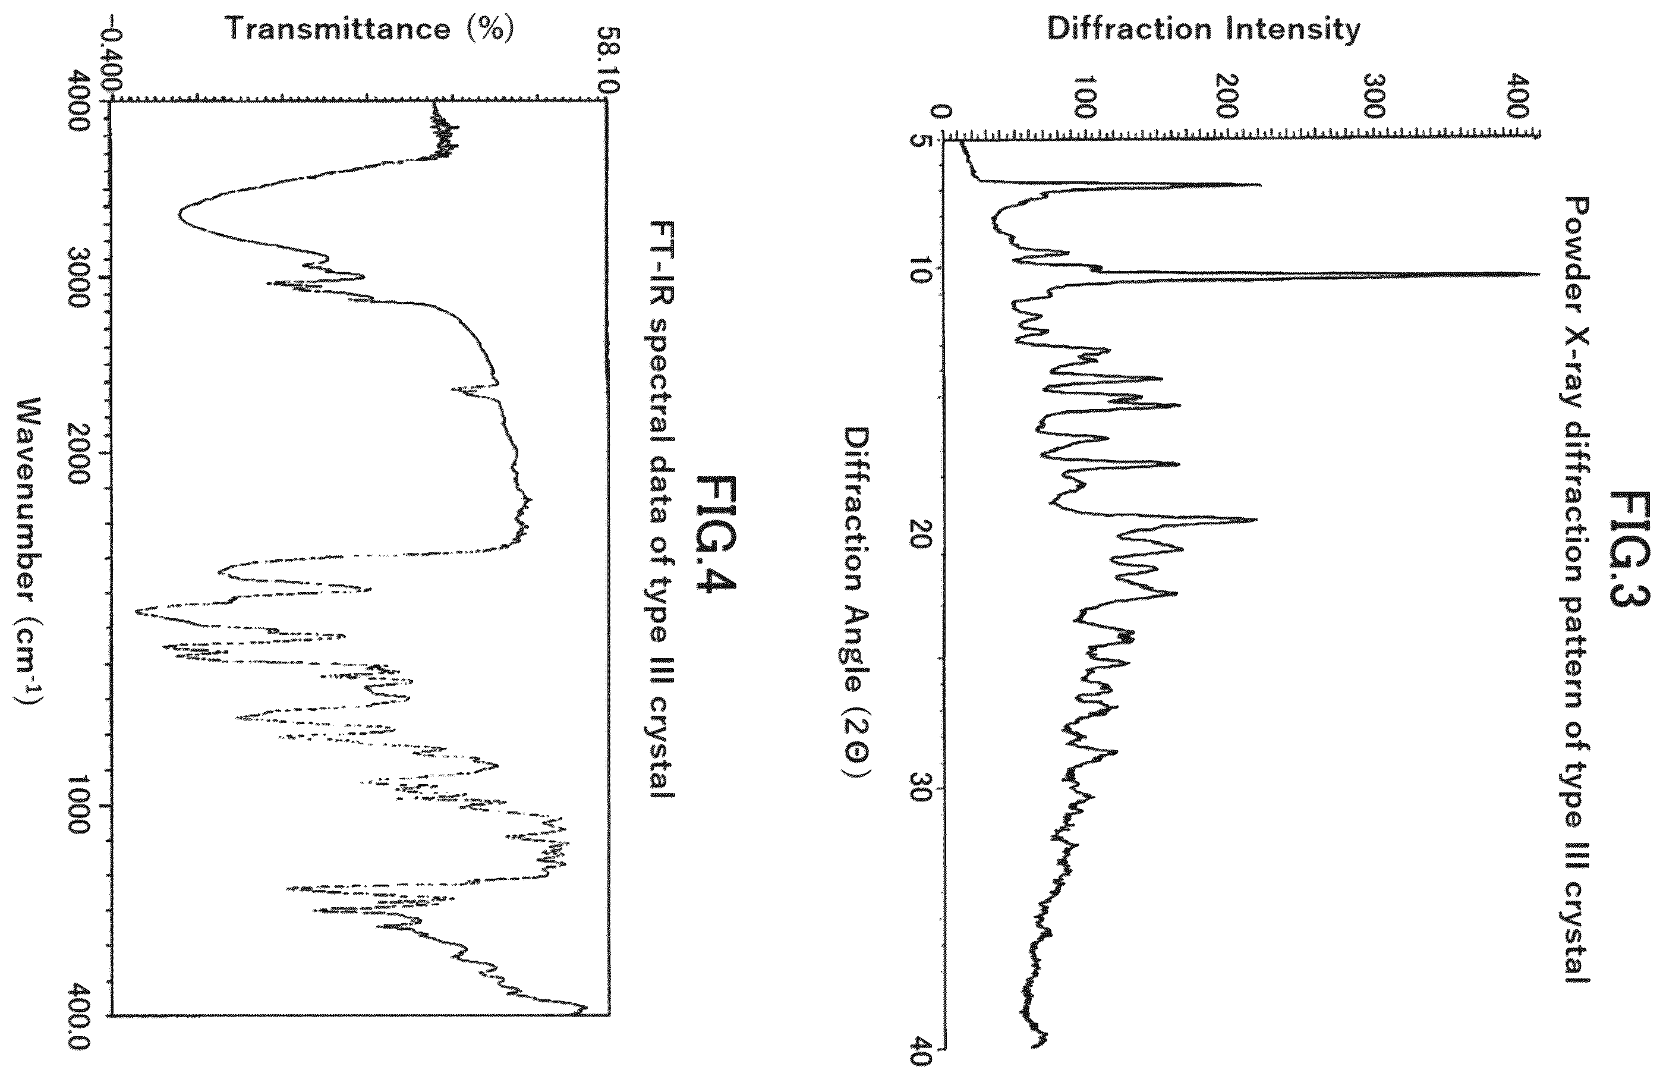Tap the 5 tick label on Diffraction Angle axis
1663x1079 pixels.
point(920,140)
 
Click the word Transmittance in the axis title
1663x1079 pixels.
point(338,29)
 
